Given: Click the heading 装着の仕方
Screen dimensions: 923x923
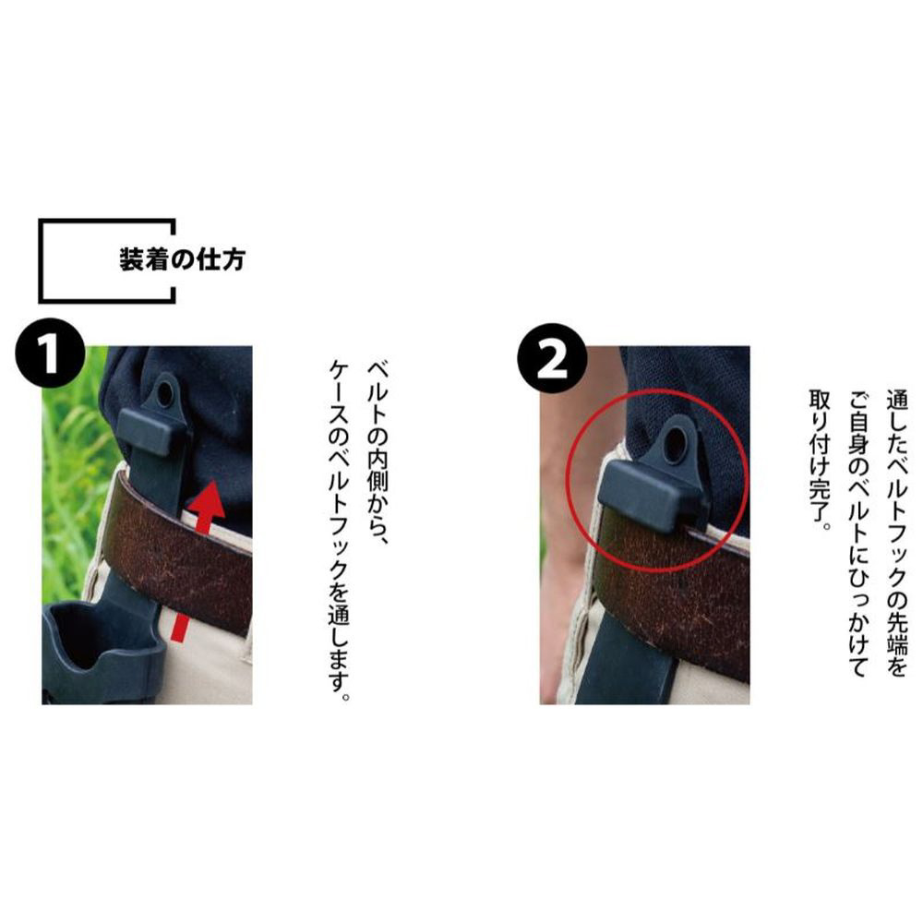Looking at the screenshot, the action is pyautogui.click(x=182, y=259).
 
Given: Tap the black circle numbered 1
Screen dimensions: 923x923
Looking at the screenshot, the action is pyautogui.click(x=51, y=353).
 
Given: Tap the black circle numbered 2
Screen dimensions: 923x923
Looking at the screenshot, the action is pyautogui.click(x=552, y=358).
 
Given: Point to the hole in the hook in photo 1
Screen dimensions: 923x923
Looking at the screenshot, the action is pyautogui.click(x=165, y=390).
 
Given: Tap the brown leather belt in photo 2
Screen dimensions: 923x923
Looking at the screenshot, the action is pyautogui.click(x=677, y=594).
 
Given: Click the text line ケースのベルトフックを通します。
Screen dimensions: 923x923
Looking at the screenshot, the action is pyautogui.click(x=340, y=531).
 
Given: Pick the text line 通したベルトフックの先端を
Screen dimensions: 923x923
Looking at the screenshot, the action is pyautogui.click(x=896, y=533).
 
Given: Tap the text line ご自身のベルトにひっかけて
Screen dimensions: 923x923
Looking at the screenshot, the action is pyautogui.click(x=858, y=533).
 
